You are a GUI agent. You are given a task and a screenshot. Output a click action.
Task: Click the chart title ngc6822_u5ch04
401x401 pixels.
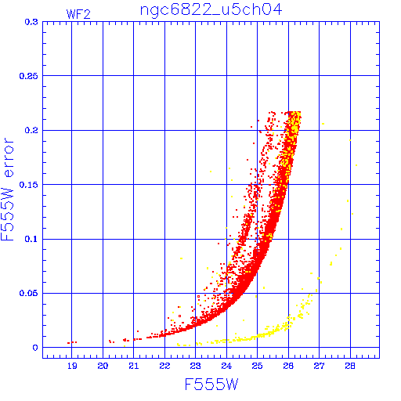tap(211, 10)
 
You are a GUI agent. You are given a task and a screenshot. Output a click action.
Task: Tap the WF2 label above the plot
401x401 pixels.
tap(78, 14)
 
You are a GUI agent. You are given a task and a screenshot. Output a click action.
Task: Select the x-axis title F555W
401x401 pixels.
tap(211, 385)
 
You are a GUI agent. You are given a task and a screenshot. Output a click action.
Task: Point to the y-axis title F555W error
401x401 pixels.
tap(7, 190)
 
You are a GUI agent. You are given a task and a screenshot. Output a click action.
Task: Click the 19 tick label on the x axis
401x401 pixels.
tap(72, 366)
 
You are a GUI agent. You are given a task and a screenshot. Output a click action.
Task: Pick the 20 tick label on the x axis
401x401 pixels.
tap(103, 366)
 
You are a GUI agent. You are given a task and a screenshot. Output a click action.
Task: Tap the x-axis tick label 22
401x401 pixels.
tap(164, 366)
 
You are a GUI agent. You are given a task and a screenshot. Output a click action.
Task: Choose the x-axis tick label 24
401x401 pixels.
tap(226, 366)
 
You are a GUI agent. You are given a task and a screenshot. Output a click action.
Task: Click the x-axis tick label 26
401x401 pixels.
tap(288, 366)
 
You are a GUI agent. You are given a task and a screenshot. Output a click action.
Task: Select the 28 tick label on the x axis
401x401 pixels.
tap(350, 366)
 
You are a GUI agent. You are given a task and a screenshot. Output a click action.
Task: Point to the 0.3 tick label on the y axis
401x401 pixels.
tap(31, 22)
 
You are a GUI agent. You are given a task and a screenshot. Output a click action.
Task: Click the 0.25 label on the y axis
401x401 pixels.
tap(29, 76)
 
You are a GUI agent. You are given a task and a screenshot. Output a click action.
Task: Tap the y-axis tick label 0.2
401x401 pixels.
tap(31, 130)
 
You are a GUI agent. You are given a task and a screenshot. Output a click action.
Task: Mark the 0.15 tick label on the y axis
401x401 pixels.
tap(29, 185)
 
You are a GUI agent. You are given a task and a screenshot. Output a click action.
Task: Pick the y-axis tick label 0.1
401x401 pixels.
tap(31, 239)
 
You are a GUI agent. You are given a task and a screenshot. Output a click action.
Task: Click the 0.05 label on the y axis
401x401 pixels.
tap(29, 293)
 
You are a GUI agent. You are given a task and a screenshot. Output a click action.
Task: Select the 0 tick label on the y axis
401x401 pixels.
tap(35, 348)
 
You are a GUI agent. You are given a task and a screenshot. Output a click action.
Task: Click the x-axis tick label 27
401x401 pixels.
tap(319, 366)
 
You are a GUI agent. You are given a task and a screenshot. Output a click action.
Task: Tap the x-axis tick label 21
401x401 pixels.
tap(134, 366)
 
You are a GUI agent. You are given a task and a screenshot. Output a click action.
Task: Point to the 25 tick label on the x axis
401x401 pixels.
tap(257, 366)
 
